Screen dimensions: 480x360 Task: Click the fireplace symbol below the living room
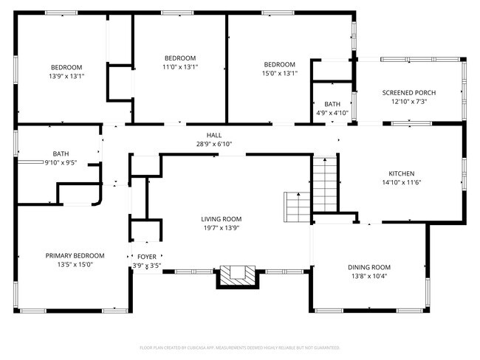coord(238,277)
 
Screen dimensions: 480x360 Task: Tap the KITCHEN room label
coord(402,174)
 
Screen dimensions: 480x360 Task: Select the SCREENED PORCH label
coord(409,93)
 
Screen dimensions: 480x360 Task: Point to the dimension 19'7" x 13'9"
coord(222,228)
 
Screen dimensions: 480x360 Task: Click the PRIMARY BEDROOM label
coord(75,256)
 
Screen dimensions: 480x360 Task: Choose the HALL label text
coord(214,135)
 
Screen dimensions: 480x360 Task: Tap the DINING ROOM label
coord(369,267)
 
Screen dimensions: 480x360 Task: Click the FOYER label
coord(147,257)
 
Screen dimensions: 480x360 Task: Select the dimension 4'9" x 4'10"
coord(332,113)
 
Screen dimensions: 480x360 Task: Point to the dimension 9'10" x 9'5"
coord(61,163)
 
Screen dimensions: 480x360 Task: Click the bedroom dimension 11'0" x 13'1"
coord(180,67)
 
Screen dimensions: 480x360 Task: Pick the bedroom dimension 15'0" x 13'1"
coord(280,74)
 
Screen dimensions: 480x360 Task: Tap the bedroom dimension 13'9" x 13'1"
coord(66,76)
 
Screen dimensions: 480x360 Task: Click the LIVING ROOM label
coord(222,219)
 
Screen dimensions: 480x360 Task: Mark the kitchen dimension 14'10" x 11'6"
coord(402,183)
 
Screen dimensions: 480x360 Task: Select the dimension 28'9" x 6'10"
coord(214,144)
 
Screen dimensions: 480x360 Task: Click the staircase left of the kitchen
coord(325,184)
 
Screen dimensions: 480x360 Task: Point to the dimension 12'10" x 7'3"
coord(409,102)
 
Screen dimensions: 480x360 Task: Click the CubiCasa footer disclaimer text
coord(240,347)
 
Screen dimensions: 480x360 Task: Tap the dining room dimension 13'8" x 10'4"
coord(369,276)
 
